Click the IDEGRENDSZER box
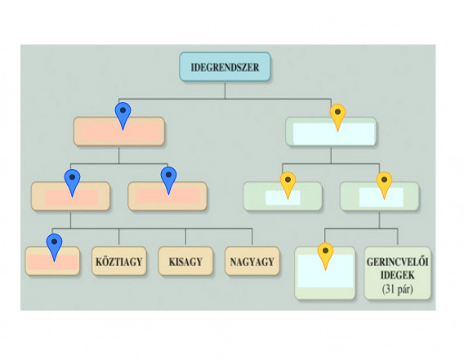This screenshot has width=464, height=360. pyautogui.click(x=225, y=67)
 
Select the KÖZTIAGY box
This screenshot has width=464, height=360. pyautogui.click(x=119, y=261)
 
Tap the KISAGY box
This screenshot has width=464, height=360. pyautogui.click(x=185, y=261)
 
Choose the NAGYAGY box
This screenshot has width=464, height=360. pyautogui.click(x=252, y=261)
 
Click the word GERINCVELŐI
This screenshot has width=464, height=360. pyautogui.click(x=397, y=262)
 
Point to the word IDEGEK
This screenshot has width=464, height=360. pyautogui.click(x=397, y=275)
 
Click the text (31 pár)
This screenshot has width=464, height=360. pyautogui.click(x=397, y=289)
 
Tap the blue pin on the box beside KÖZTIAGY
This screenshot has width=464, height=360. pyautogui.click(x=54, y=247)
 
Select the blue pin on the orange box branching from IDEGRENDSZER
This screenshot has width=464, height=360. pyautogui.click(x=123, y=116)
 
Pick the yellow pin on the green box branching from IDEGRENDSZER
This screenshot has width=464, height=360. pyautogui.click(x=337, y=118)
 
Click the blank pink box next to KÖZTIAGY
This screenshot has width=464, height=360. pyautogui.click(x=52, y=261)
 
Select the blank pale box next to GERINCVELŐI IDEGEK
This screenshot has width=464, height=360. pyautogui.click(x=325, y=273)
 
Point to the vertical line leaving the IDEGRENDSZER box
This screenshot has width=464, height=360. pyautogui.click(x=225, y=90)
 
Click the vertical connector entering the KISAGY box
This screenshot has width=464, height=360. pyautogui.click(x=185, y=238)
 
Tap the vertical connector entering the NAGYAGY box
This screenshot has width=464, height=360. pyautogui.click(x=252, y=238)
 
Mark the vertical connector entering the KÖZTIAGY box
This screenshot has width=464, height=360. pyautogui.click(x=119, y=238)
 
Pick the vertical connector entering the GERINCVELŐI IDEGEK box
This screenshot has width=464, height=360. pyautogui.click(x=397, y=238)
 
